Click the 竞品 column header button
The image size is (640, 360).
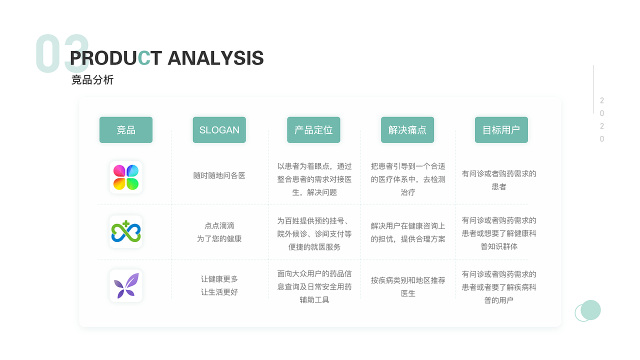click(125, 129)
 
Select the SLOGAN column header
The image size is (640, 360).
click(219, 129)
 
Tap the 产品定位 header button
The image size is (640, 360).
click(313, 129)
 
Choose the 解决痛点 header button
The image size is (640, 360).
click(407, 129)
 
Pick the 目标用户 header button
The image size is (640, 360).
click(501, 129)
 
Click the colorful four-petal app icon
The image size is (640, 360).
click(126, 177)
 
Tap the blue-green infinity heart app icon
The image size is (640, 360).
click(126, 231)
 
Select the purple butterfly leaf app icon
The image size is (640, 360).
click(126, 285)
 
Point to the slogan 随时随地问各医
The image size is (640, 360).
click(219, 175)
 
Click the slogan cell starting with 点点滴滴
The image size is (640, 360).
click(219, 232)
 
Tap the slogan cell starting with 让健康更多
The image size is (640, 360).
click(219, 285)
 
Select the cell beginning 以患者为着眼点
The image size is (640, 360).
click(314, 179)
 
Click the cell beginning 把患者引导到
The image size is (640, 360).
click(408, 179)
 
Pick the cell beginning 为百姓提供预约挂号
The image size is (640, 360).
click(314, 233)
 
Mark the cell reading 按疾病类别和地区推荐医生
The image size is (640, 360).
click(408, 286)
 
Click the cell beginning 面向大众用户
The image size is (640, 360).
click(314, 286)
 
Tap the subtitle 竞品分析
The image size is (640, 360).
click(92, 79)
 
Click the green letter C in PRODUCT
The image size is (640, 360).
click(144, 58)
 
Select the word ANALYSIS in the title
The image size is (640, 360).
click(215, 58)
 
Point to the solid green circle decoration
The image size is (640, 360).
click(590, 310)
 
